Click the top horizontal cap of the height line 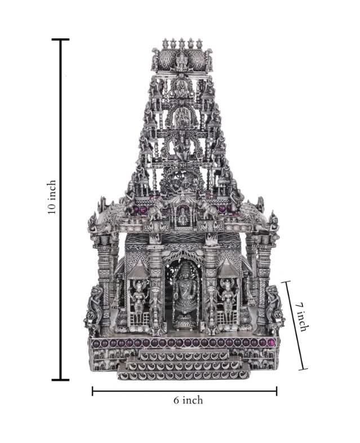pyautogui.click(x=60, y=40)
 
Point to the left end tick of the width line pyautogui.click(x=92, y=391)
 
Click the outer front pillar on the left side pyautogui.click(x=104, y=282)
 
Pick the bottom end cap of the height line pyautogui.click(x=60, y=380)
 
